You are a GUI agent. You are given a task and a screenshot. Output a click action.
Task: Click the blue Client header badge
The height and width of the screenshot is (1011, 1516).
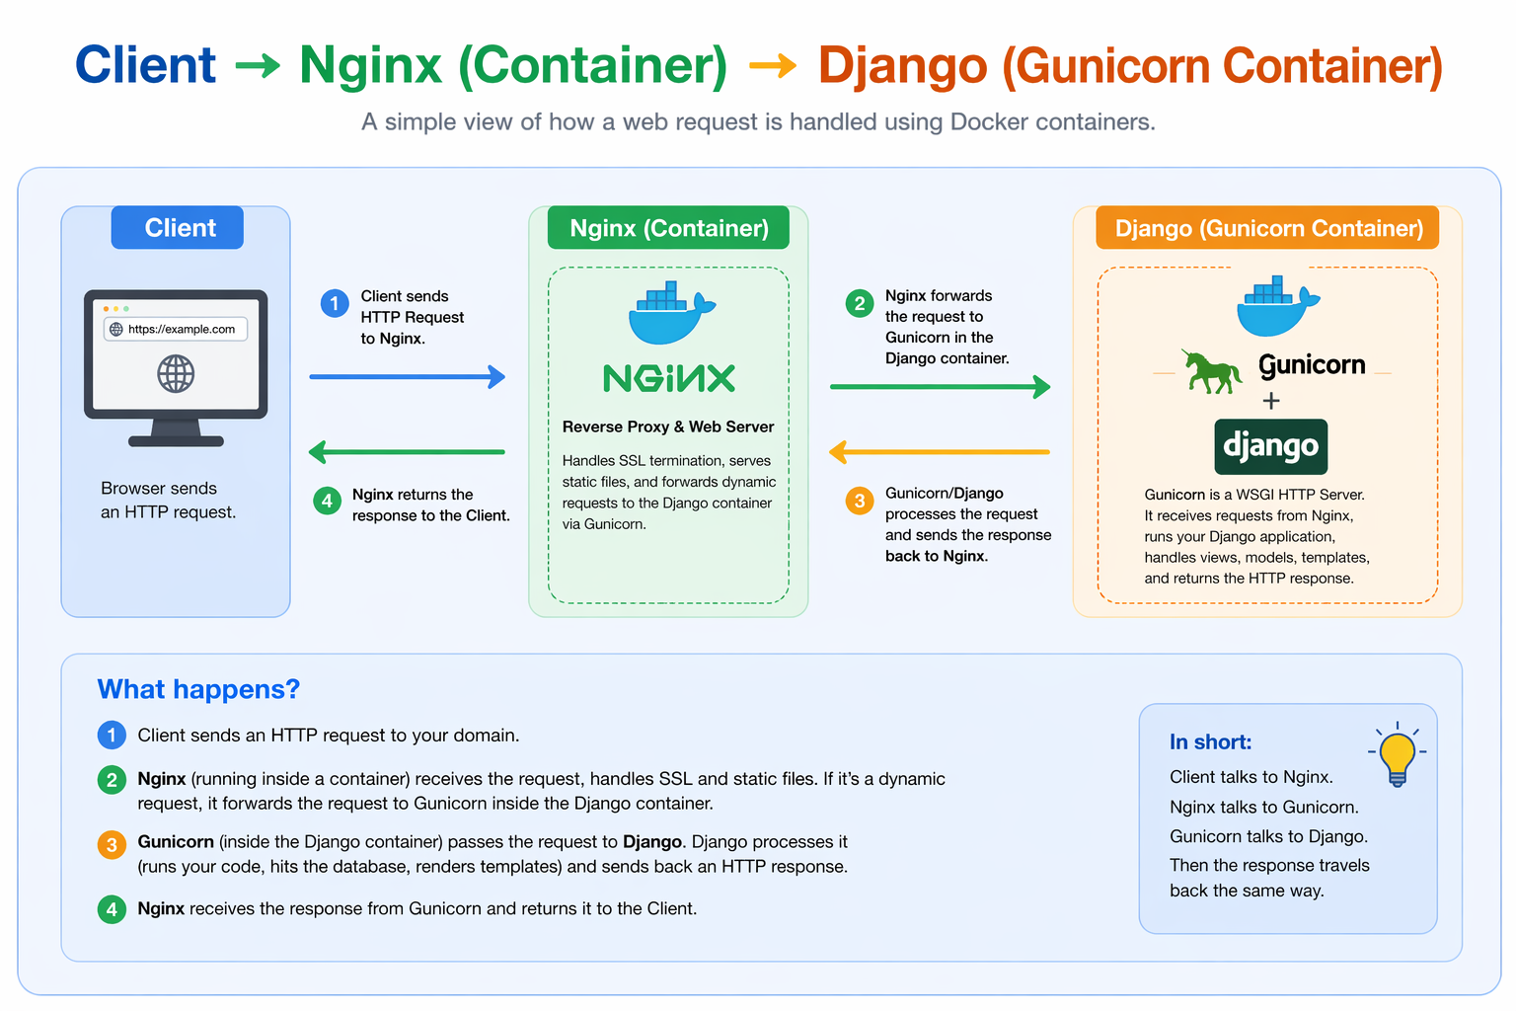(x=178, y=228)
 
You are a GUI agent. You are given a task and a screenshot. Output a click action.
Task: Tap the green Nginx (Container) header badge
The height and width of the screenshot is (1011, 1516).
(x=668, y=228)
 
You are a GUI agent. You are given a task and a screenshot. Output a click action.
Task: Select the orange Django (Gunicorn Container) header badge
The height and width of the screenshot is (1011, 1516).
(x=1268, y=229)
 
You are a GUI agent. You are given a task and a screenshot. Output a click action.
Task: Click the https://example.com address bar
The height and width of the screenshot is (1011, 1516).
(x=176, y=329)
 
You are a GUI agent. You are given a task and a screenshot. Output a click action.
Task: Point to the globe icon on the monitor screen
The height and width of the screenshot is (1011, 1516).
(x=176, y=374)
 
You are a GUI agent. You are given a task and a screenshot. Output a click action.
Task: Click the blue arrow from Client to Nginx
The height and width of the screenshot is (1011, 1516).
(x=407, y=376)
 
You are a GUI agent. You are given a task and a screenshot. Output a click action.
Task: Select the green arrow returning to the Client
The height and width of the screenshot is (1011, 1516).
(x=407, y=452)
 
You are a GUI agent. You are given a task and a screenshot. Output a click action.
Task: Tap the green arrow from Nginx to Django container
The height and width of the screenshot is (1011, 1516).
(x=940, y=387)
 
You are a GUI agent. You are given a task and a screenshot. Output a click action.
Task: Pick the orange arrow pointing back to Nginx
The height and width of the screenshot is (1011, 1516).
(x=940, y=452)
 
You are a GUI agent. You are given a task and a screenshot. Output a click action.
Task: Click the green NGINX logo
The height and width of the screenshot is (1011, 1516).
(x=669, y=378)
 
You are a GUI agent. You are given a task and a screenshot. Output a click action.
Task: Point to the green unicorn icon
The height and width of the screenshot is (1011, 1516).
(x=1212, y=371)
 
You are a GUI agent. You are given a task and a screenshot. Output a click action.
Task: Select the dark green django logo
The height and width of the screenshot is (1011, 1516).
(x=1270, y=446)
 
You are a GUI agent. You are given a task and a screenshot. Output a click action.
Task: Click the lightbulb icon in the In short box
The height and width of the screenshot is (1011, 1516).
(x=1397, y=755)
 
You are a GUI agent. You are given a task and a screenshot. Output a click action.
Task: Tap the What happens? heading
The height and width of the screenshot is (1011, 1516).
(x=198, y=689)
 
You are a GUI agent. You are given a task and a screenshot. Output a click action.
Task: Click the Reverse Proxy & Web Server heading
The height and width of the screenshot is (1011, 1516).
(x=668, y=427)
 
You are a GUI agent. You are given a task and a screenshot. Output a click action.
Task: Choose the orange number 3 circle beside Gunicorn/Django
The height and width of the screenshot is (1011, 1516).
(x=860, y=501)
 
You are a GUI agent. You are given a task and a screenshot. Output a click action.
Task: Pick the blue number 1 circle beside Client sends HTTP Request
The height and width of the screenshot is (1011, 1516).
(x=335, y=303)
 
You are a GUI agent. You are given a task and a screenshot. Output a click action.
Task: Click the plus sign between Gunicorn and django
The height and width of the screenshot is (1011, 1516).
(x=1271, y=401)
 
